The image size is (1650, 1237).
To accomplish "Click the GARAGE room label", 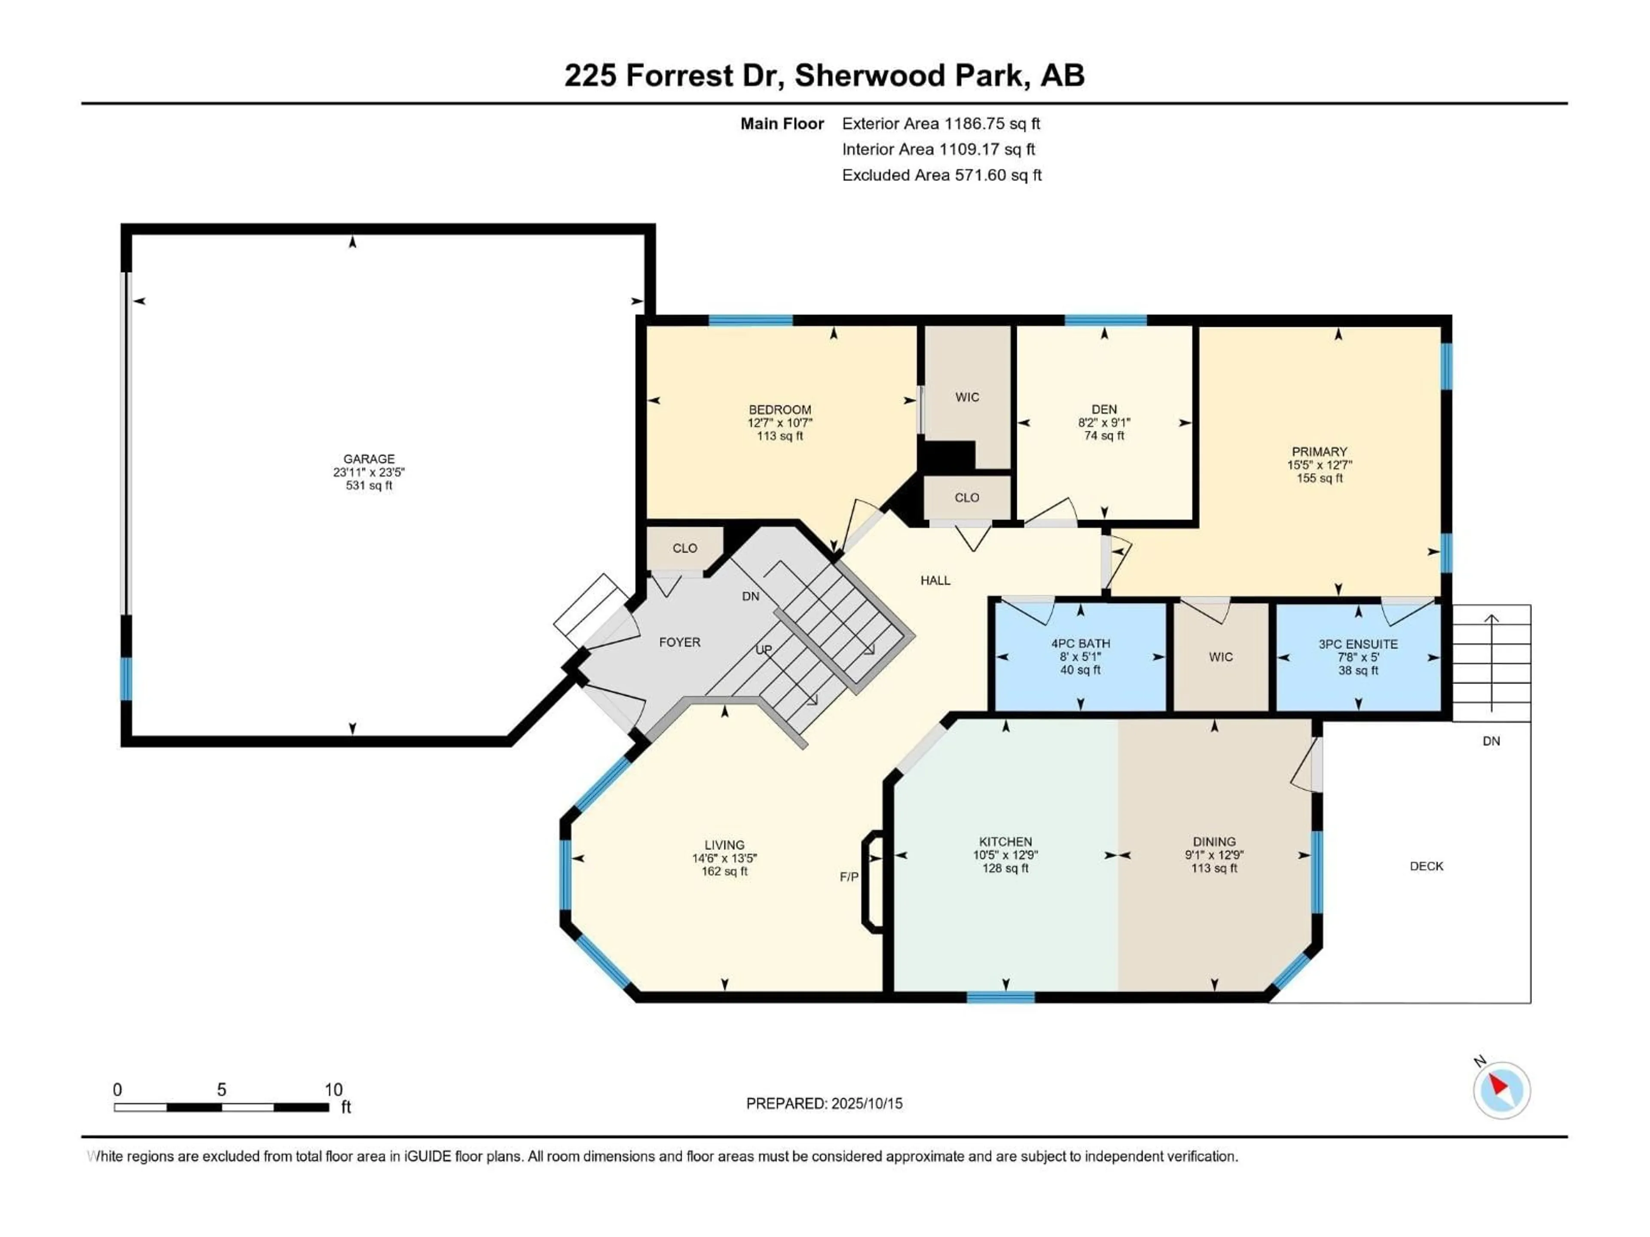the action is [369, 459].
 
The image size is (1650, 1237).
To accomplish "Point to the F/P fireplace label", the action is [849, 877].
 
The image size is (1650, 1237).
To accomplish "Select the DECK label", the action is [1426, 865].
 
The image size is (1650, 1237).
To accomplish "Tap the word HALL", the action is [935, 580].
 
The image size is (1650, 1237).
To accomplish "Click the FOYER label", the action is [679, 642].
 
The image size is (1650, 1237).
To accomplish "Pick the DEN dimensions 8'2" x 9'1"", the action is [1104, 422].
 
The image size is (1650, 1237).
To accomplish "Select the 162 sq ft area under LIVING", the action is [724, 871].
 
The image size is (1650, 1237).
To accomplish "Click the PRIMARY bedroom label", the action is [1320, 451].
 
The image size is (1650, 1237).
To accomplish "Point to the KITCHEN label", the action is [1005, 841].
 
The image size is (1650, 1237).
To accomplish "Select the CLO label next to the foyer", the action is [685, 548].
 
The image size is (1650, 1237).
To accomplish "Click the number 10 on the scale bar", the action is [333, 1089].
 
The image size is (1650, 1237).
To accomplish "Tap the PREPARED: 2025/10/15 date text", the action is [824, 1103].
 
